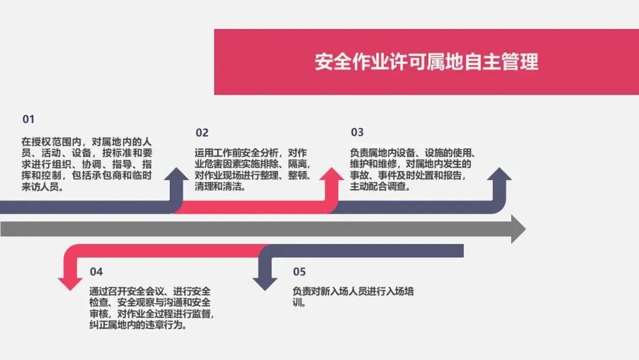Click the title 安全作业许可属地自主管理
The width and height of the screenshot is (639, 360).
pos(426,62)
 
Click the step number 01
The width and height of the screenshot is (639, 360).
pos(28,119)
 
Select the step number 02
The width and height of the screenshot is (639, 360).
pos(202,133)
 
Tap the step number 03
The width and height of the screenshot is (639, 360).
pos(357,132)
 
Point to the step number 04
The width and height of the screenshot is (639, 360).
pos(96,272)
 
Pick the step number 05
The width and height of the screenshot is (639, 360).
pos(299,272)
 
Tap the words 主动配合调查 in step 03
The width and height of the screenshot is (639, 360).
pos(378,187)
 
